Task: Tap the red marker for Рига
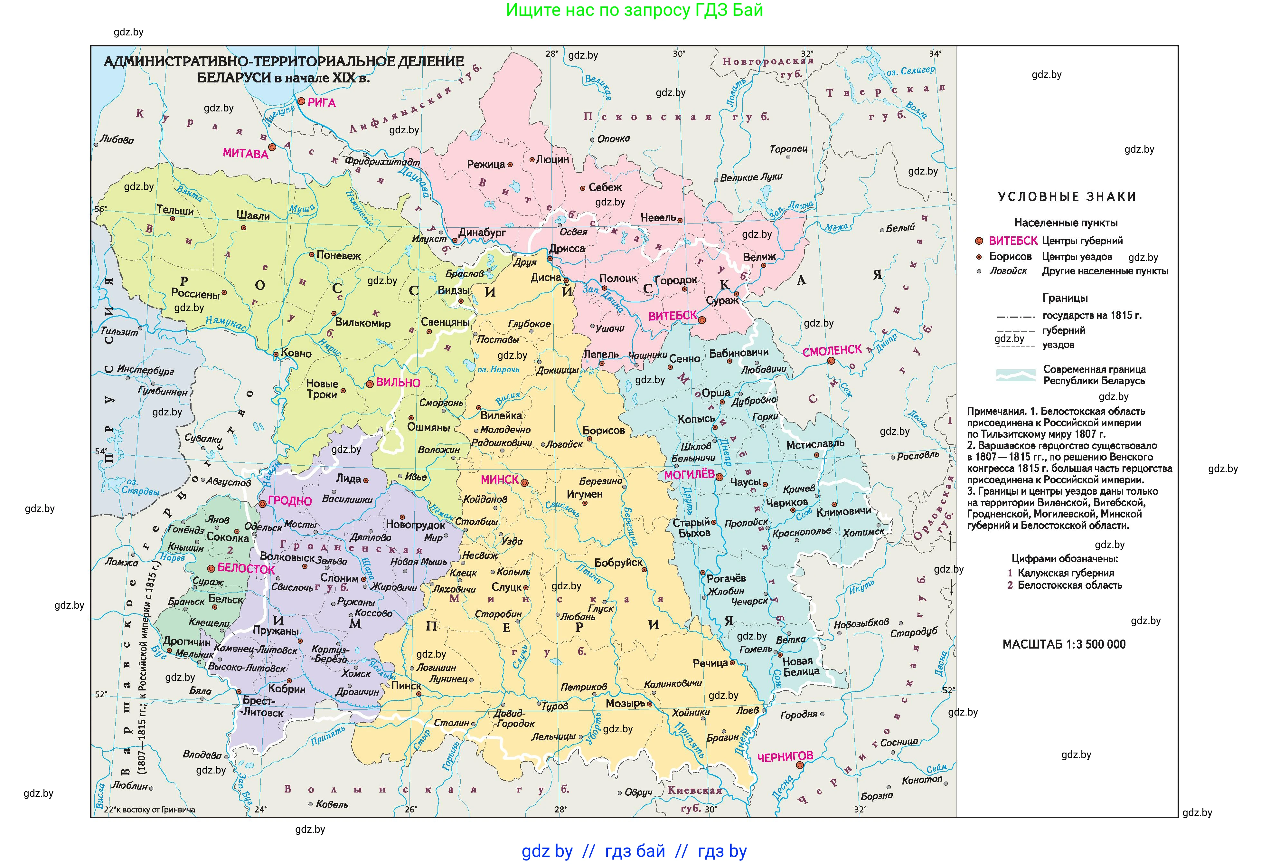pos(301,101)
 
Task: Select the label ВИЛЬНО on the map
pos(398,383)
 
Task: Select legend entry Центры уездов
pos(1077,256)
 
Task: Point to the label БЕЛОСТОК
pos(246,568)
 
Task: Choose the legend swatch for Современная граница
pos(1015,375)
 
